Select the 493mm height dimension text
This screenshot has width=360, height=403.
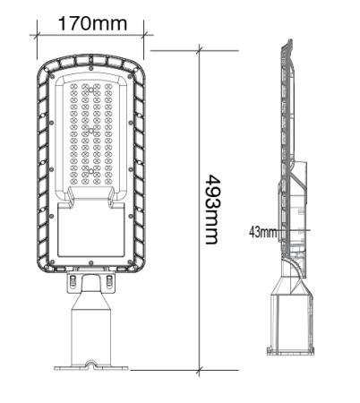click(x=211, y=209)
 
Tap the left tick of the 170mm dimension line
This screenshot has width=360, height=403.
click(x=37, y=36)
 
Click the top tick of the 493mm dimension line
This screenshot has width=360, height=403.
click(x=200, y=51)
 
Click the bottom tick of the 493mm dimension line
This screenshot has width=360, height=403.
click(x=200, y=368)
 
